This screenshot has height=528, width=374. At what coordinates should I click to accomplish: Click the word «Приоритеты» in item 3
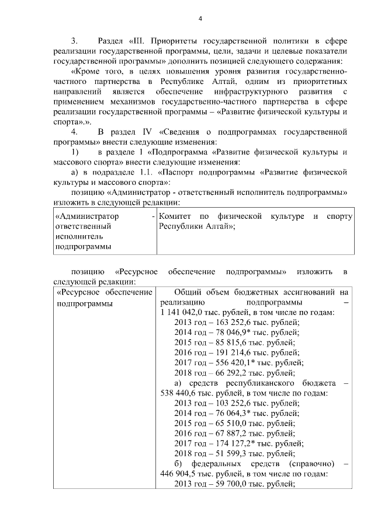point(174,41)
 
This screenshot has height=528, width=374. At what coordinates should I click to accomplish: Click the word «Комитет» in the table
point(175,216)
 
